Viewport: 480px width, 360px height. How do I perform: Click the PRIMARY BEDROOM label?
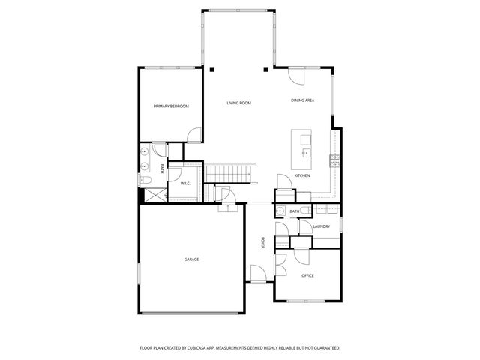point(171,106)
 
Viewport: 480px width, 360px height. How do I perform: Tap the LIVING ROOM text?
point(238,103)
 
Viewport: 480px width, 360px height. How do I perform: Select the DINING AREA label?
point(303,100)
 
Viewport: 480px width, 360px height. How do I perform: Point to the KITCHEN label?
point(302,175)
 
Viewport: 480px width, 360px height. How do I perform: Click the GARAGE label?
point(191,259)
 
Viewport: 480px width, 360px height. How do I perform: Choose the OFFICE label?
point(307,275)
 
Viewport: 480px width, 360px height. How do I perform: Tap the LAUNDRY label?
point(322,226)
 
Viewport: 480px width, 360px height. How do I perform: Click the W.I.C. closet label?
point(185,184)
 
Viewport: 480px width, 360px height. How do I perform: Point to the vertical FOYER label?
point(262,243)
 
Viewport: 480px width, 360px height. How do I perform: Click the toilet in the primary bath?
point(145,181)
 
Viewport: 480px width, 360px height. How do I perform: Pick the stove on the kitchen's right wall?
point(334,159)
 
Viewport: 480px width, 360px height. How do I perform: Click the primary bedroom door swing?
point(194,135)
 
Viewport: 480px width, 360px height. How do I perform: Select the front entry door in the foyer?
point(257,274)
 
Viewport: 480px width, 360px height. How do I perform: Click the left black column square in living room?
point(212,70)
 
